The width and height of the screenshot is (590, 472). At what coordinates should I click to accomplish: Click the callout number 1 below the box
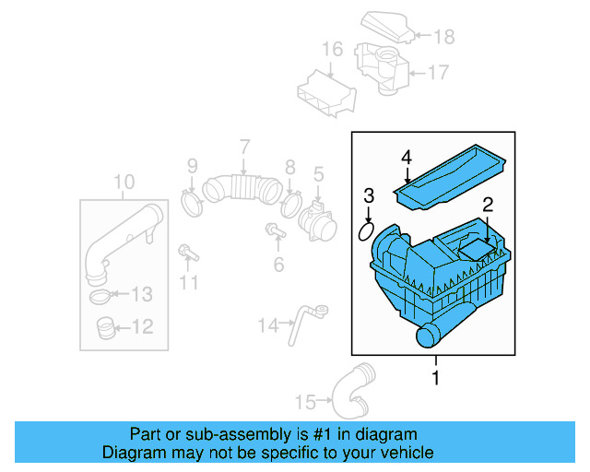(x=436, y=378)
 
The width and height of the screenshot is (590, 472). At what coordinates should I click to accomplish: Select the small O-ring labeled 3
(x=365, y=230)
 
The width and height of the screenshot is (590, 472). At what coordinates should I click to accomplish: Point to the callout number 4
(x=407, y=159)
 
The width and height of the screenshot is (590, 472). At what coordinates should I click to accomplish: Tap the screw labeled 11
(x=187, y=252)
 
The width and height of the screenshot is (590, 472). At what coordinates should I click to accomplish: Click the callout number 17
(x=436, y=71)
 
